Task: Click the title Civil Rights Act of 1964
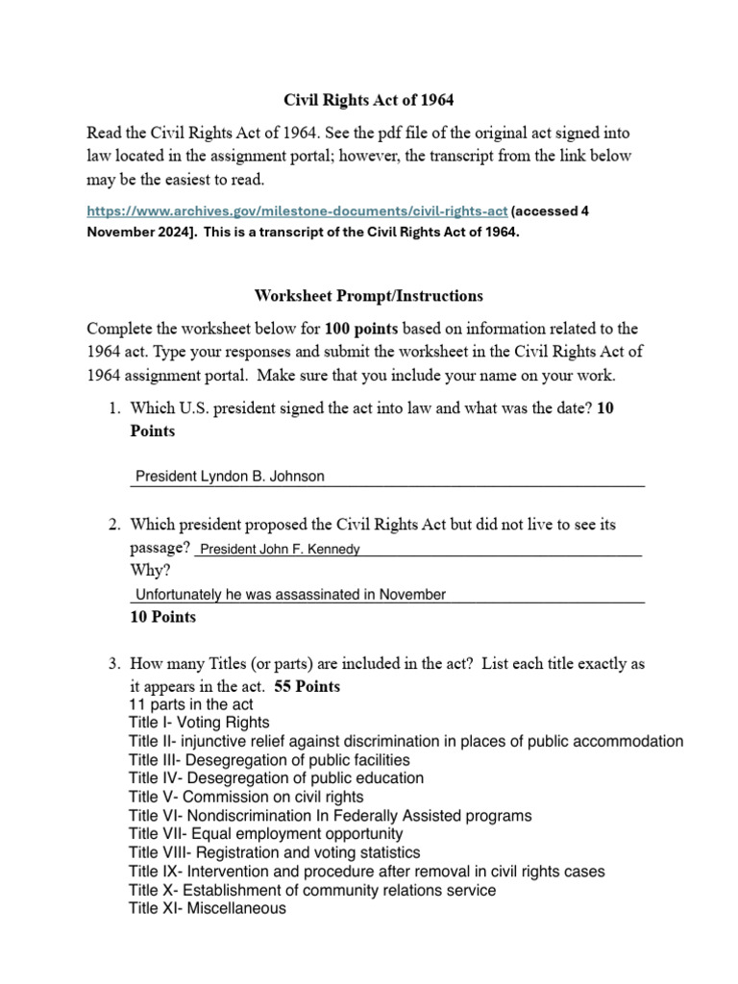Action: coord(368,99)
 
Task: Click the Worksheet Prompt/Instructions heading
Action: coord(368,295)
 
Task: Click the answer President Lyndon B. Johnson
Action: coord(230,476)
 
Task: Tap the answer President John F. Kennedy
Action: coord(279,549)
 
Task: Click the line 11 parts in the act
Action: coord(191,704)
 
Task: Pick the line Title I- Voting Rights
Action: coord(199,723)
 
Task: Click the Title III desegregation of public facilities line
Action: coord(256,760)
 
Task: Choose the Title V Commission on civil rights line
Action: coord(246,797)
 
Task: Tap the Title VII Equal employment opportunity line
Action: coord(266,834)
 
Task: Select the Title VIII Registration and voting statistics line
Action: coord(274,852)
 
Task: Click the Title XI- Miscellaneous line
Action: coord(207,908)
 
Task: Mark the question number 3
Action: coord(113,664)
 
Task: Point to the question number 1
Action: coord(113,409)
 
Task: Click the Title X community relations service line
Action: coord(312,890)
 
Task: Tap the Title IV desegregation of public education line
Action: coord(276,778)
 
